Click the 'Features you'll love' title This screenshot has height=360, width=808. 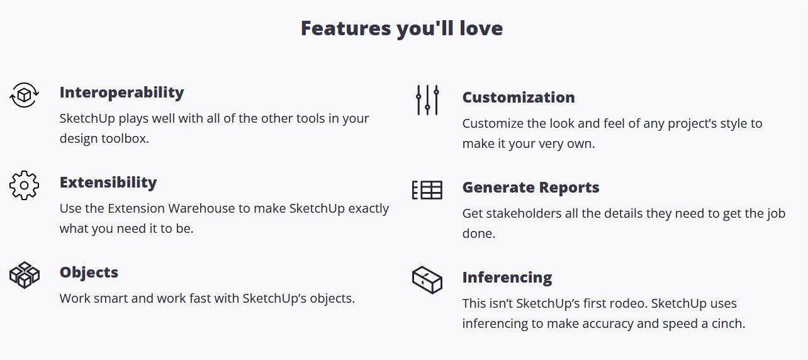pyautogui.click(x=402, y=28)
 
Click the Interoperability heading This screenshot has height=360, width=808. pyautogui.click(x=121, y=93)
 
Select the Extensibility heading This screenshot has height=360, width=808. pyautogui.click(x=108, y=182)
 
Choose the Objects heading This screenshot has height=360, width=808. pyautogui.click(x=89, y=273)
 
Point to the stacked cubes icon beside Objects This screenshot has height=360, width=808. pyautogui.click(x=24, y=275)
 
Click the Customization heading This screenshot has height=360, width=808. pyautogui.click(x=519, y=98)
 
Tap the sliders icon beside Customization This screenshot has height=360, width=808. pyautogui.click(x=427, y=100)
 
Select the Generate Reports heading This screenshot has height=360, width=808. pyautogui.click(x=530, y=188)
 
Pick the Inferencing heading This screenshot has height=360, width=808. pyautogui.click(x=507, y=278)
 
